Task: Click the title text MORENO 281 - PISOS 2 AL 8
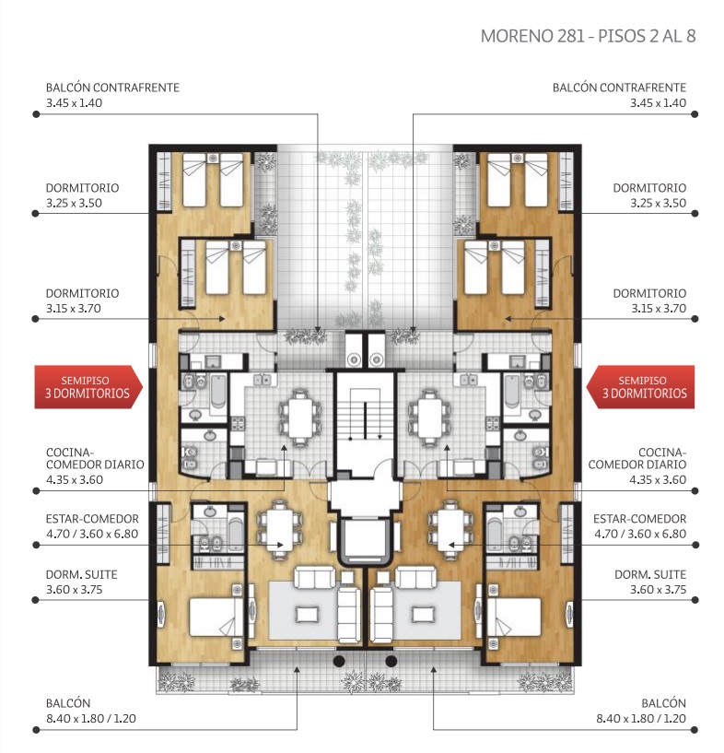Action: click(588, 36)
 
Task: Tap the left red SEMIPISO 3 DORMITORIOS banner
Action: click(88, 387)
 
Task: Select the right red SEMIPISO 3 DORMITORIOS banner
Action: click(641, 387)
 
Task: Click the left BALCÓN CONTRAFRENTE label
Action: click(112, 88)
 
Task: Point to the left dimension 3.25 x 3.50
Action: click(74, 203)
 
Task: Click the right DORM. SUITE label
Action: click(650, 574)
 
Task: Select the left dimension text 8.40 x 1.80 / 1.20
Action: click(90, 718)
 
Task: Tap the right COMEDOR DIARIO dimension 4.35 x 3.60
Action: click(658, 479)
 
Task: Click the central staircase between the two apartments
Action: click(366, 414)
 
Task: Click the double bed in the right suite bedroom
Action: click(514, 617)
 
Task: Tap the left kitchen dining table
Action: click(300, 418)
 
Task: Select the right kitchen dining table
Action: click(429, 418)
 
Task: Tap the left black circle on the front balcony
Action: click(339, 661)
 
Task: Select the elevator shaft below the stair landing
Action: click(366, 540)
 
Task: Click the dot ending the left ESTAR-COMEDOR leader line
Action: click(36, 545)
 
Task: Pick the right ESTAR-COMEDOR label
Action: click(639, 519)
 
